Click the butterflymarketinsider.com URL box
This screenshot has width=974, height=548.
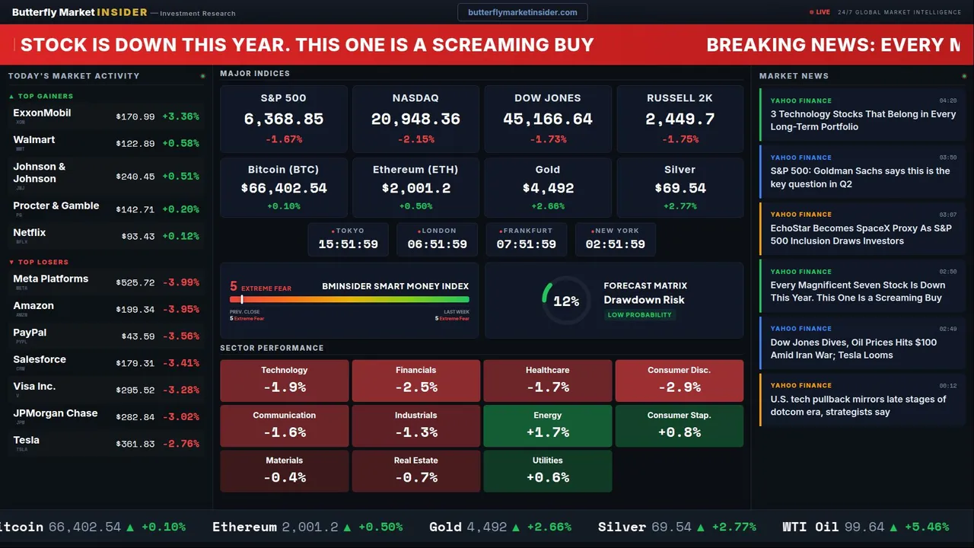(522, 12)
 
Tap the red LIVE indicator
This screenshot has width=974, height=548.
(821, 12)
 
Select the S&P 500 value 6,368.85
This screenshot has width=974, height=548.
(283, 119)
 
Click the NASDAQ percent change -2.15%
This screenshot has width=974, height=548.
(415, 139)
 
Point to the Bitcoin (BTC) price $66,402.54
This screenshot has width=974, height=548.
(283, 188)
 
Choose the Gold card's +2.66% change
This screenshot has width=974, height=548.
(548, 206)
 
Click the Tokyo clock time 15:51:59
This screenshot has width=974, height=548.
(348, 244)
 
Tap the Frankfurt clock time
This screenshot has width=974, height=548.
(526, 244)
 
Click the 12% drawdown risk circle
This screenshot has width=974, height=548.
(565, 301)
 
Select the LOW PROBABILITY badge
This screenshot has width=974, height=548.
(639, 315)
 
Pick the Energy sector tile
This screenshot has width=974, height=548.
(548, 425)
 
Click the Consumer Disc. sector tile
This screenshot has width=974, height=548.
(679, 381)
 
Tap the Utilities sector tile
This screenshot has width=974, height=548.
(548, 470)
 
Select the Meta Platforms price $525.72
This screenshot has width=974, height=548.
(135, 282)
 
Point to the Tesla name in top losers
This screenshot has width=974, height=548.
(27, 440)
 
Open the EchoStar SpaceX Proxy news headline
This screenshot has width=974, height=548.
(861, 234)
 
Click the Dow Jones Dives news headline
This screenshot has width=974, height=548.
(853, 349)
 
